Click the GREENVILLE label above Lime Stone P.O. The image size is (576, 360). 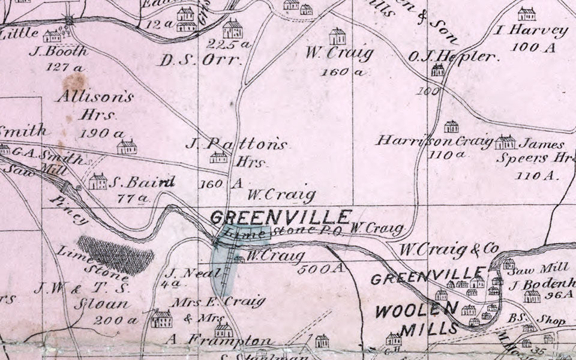pyautogui.click(x=281, y=217)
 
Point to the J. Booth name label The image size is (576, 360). pyautogui.click(x=58, y=52)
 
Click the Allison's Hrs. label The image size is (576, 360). pyautogui.click(x=96, y=104)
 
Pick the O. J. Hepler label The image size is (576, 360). pyautogui.click(x=454, y=57)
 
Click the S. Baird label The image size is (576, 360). pyautogui.click(x=142, y=182)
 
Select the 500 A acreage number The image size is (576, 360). pyautogui.click(x=322, y=268)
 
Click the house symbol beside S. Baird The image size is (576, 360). pyautogui.click(x=98, y=181)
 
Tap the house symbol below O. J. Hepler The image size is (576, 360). pyautogui.click(x=438, y=70)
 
